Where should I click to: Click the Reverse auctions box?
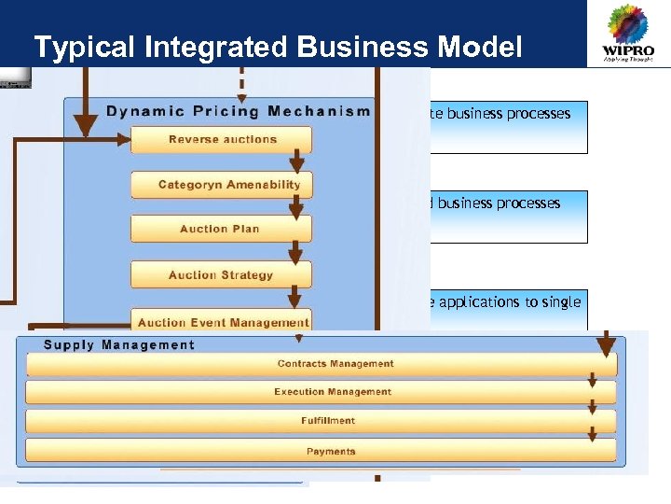tap(222, 140)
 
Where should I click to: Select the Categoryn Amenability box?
tap(222, 185)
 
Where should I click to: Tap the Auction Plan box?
tap(221, 229)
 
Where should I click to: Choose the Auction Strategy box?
tap(221, 275)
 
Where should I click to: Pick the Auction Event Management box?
tap(222, 322)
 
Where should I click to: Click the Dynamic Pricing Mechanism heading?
tap(238, 111)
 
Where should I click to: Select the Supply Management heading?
tap(119, 344)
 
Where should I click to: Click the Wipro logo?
tap(627, 35)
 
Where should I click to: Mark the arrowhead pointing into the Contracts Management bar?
tap(606, 347)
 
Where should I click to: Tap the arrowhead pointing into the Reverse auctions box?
tap(125, 140)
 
